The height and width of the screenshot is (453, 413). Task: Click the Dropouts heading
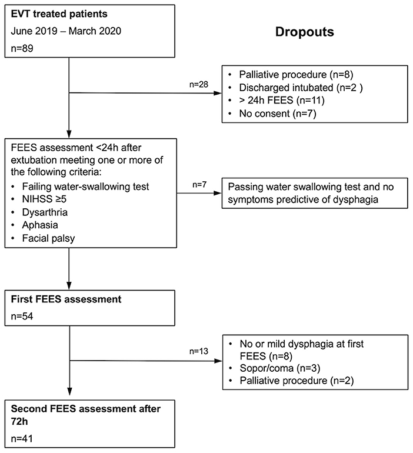coord(304,32)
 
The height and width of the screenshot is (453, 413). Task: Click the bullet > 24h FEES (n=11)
coord(277,100)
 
